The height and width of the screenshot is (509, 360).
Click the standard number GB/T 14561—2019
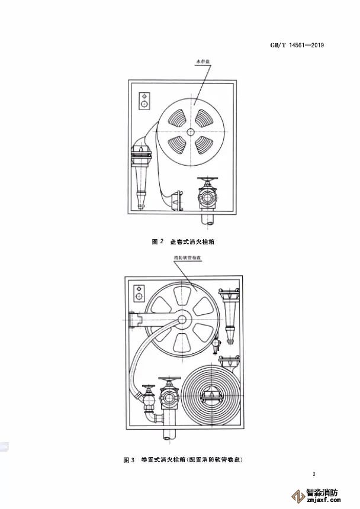point(297,45)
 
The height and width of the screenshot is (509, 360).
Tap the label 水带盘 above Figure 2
point(201,62)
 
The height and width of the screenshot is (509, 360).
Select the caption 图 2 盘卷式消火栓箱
point(183,242)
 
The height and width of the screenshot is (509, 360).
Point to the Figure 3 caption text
point(183,460)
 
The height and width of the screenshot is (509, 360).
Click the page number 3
point(314,474)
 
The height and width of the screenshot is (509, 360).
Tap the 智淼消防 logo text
point(322,492)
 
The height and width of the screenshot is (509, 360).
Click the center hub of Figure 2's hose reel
point(191,131)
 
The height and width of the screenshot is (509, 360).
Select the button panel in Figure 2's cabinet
point(144,101)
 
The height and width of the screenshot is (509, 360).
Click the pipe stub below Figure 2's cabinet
point(208,219)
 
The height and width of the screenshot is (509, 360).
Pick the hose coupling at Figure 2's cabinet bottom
point(176,202)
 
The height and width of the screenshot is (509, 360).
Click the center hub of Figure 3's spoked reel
point(182,320)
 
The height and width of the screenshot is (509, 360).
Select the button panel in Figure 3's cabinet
point(139,293)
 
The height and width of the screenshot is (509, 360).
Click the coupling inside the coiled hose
point(211,396)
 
